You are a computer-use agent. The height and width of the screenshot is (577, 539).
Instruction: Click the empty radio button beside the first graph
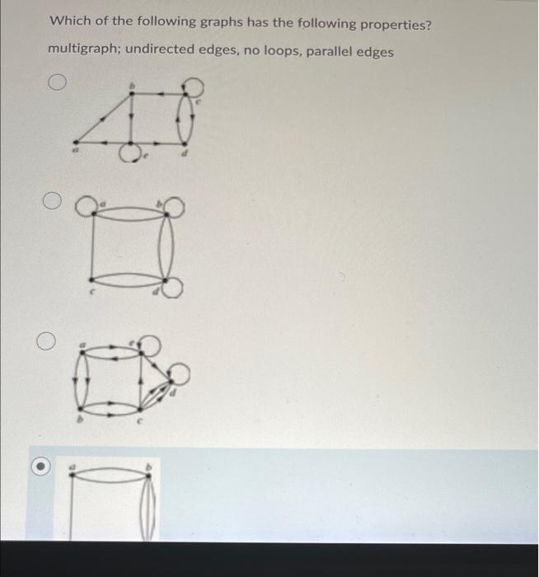[x=56, y=83]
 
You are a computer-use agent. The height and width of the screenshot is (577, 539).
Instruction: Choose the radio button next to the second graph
[x=53, y=200]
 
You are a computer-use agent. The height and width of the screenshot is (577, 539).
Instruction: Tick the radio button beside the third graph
[x=48, y=340]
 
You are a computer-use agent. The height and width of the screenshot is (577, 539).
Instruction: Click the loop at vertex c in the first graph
[x=191, y=86]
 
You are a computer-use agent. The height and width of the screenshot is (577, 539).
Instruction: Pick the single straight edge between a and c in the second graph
[x=92, y=245]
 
